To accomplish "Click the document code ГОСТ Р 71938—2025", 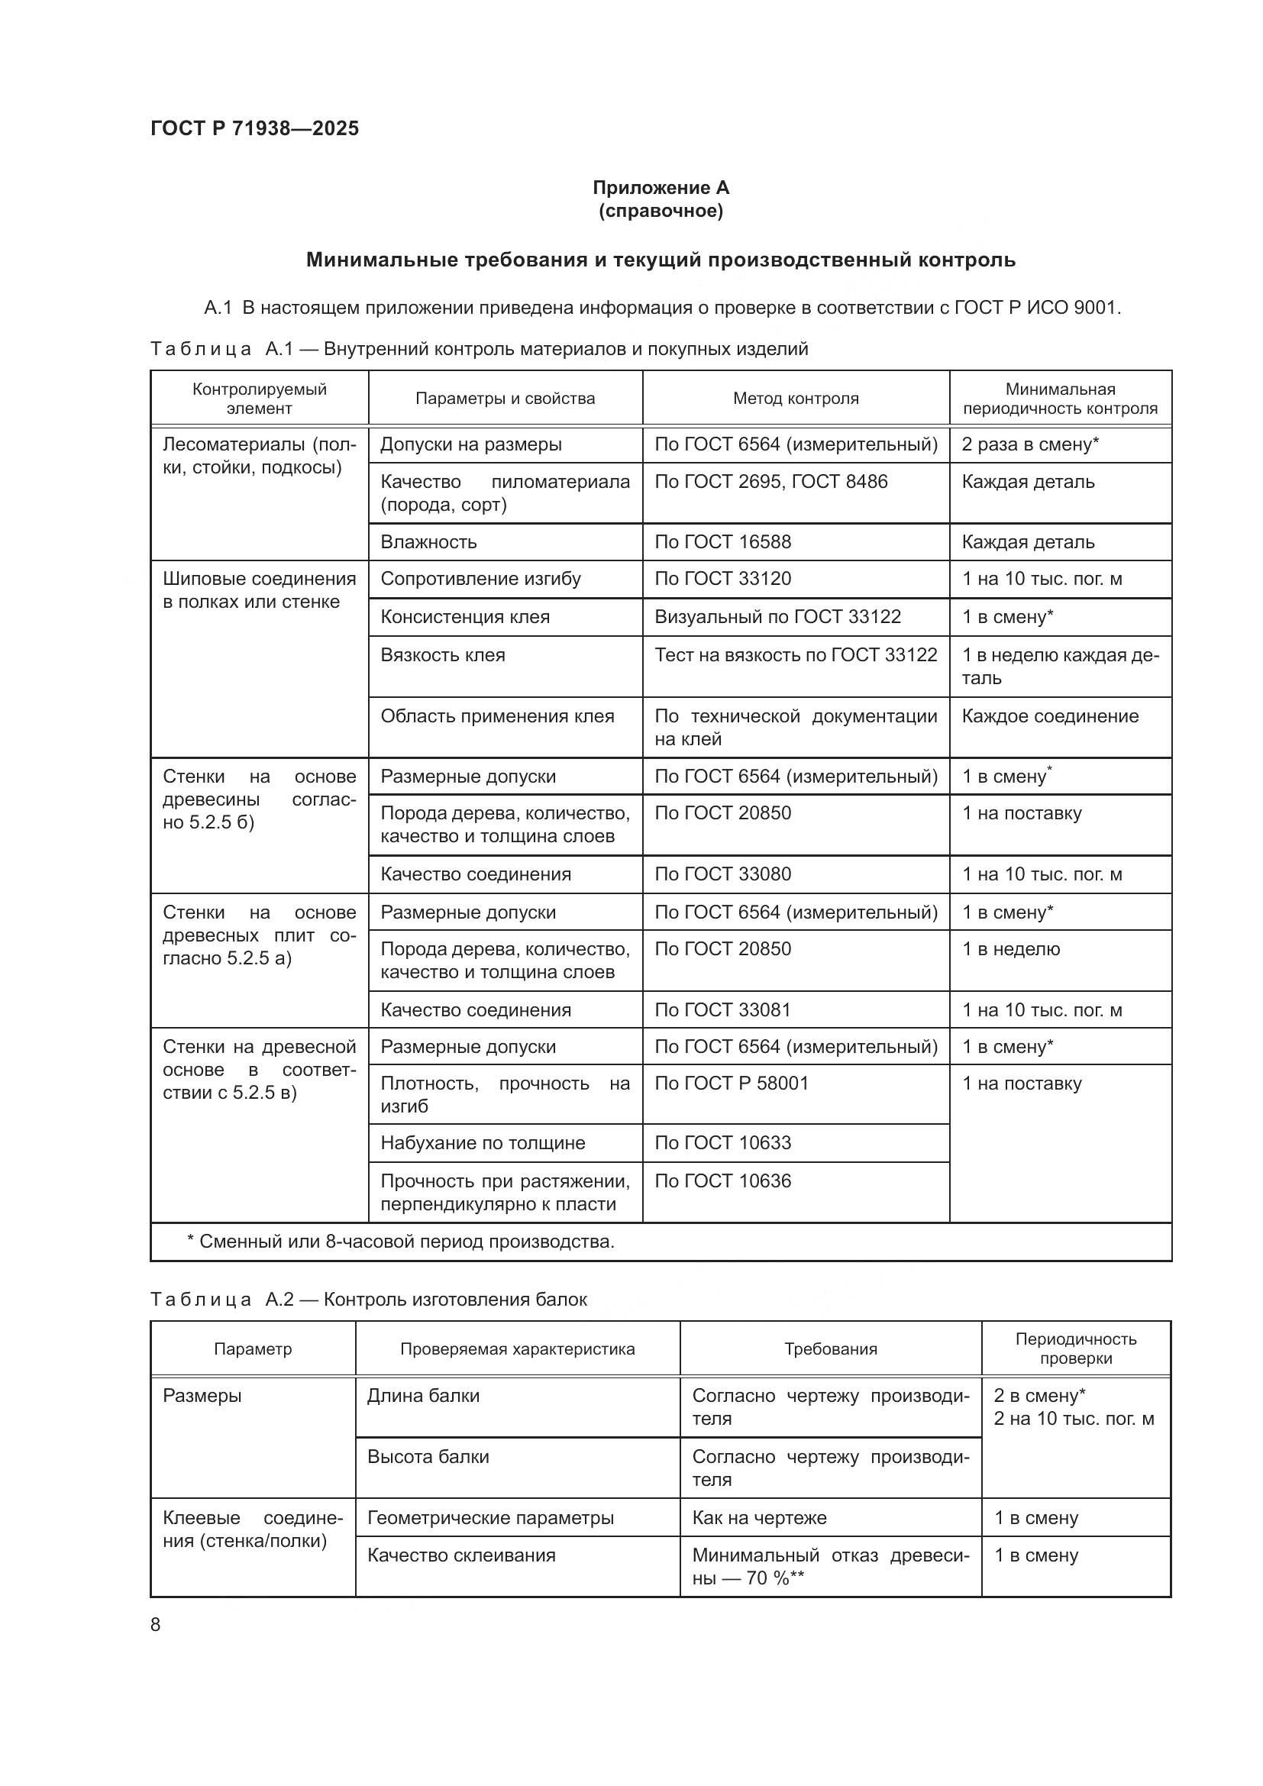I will click(x=254, y=128).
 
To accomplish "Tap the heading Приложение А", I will click(x=661, y=188).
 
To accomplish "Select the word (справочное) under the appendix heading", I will click(x=661, y=211).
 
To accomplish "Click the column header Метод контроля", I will click(x=795, y=399).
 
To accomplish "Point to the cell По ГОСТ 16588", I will click(x=722, y=542).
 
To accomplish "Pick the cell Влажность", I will click(x=428, y=542).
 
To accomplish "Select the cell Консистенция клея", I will click(x=464, y=617).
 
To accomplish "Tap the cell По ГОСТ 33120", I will click(x=722, y=579).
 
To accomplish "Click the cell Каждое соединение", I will click(x=1049, y=715).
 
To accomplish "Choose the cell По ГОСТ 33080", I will click(x=722, y=874).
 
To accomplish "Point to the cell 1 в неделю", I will click(x=1010, y=949).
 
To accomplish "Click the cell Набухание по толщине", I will click(x=482, y=1143).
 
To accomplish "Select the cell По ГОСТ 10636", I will click(x=722, y=1180).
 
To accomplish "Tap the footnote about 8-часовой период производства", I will click(x=401, y=1241).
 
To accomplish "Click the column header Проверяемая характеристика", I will click(x=517, y=1348).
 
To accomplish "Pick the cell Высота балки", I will click(x=428, y=1456).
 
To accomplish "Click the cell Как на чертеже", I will click(x=759, y=1518).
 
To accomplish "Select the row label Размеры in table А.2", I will click(x=202, y=1396).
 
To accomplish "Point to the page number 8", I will click(x=156, y=1624).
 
